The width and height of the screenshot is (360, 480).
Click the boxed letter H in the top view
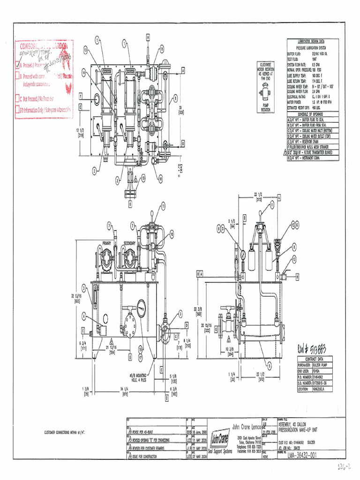(147, 36)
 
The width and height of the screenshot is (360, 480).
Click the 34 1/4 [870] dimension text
(124, 390)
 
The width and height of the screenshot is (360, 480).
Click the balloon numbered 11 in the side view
(270, 204)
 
